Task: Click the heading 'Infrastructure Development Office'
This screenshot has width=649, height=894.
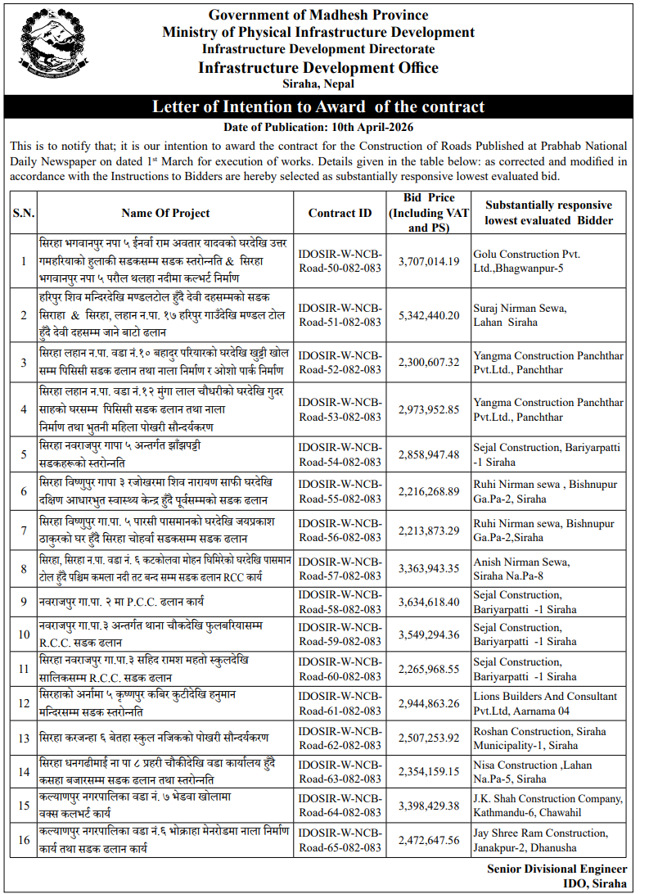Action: (318, 68)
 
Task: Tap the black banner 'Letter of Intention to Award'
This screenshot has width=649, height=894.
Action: (318, 107)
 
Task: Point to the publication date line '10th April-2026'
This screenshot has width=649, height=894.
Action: (318, 127)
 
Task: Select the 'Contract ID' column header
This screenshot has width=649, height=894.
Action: (340, 213)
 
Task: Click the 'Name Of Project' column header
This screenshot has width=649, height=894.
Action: (165, 213)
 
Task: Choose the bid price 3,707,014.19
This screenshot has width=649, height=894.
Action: (429, 261)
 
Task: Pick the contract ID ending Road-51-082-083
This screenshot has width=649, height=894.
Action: (340, 314)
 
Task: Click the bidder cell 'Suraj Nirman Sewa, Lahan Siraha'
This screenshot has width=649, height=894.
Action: (519, 314)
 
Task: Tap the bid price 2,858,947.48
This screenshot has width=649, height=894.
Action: (429, 454)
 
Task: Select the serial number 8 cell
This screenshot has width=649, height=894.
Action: (23, 569)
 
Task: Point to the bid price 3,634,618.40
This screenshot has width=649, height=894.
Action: (429, 602)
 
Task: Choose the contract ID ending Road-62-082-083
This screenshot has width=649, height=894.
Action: (340, 738)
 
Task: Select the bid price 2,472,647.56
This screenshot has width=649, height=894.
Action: (429, 840)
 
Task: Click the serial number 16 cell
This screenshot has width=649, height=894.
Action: (23, 840)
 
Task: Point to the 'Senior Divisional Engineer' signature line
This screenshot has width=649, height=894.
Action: (557, 869)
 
